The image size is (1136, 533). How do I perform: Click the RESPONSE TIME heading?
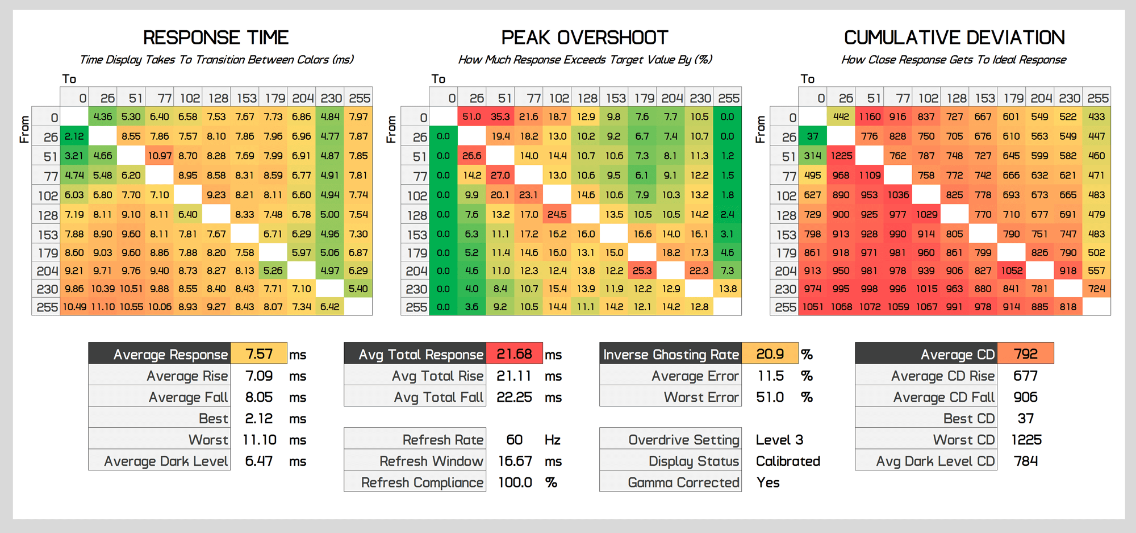click(216, 38)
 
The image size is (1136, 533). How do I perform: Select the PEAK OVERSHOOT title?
click(584, 38)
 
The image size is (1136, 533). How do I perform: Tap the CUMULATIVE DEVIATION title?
click(954, 38)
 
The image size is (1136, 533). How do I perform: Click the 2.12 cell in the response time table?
click(74, 136)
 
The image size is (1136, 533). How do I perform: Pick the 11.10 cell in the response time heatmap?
click(103, 307)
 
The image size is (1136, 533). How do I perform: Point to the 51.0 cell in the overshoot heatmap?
click(471, 117)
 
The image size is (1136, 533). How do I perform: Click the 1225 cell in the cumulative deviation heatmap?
click(841, 156)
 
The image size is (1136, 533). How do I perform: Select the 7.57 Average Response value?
click(259, 354)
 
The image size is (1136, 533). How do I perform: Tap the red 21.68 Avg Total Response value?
click(514, 354)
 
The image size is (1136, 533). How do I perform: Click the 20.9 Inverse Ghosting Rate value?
click(770, 354)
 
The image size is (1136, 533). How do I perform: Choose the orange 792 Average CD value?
click(1025, 354)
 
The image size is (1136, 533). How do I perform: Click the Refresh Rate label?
click(442, 440)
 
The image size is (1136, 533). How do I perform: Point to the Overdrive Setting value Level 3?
click(779, 440)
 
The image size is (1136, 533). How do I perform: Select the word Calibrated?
click(788, 461)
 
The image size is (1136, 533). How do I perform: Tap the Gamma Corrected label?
click(683, 482)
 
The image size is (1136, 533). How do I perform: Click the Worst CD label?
click(963, 440)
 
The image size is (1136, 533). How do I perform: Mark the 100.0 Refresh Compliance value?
click(515, 482)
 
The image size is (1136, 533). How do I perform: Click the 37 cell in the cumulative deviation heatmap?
click(813, 136)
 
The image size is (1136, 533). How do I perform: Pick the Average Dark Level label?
click(166, 461)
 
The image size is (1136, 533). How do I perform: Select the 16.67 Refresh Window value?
click(515, 461)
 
